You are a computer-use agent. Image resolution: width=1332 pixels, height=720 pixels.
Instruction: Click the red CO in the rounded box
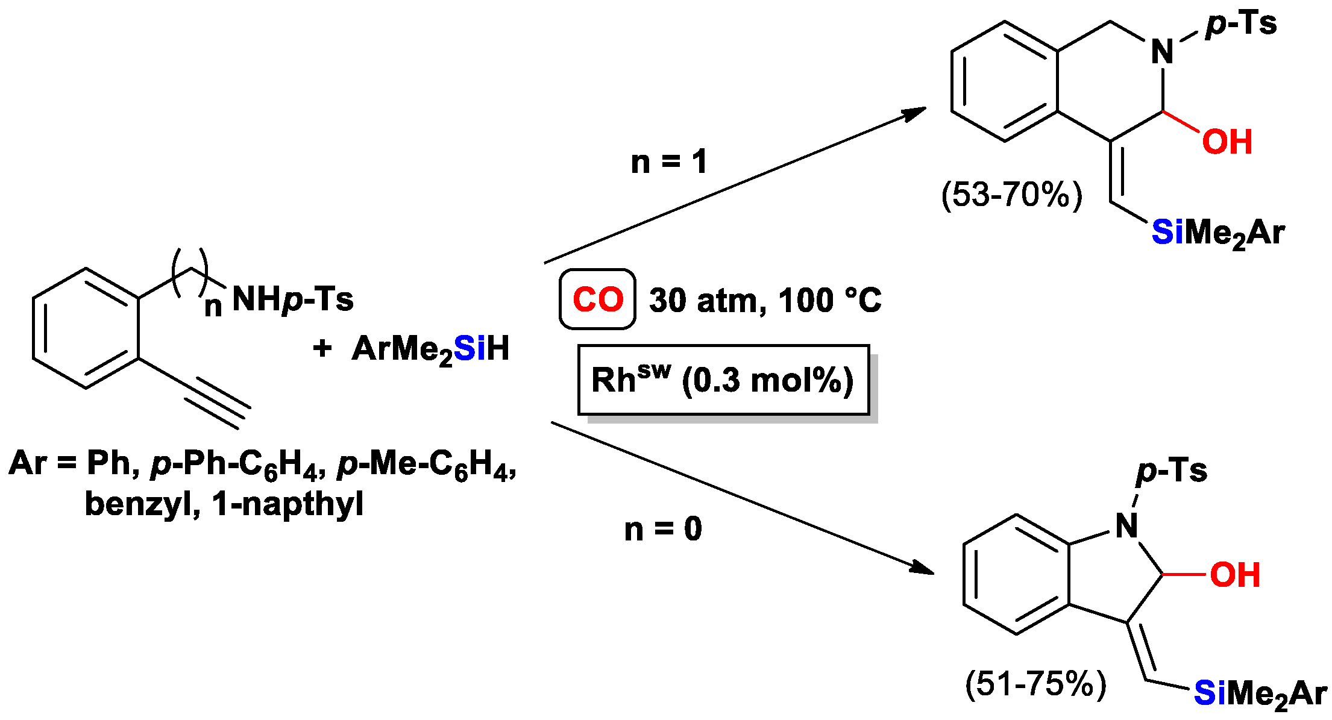coord(597,299)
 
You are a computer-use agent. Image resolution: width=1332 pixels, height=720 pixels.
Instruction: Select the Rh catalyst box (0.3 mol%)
coord(723,380)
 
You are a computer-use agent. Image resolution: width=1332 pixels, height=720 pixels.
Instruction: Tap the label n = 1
coord(669,162)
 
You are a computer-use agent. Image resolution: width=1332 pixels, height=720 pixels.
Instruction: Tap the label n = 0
coord(663,529)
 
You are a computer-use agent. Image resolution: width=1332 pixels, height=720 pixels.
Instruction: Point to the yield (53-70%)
coord(1011,195)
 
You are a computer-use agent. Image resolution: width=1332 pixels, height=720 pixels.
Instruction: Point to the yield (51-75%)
coord(1035,684)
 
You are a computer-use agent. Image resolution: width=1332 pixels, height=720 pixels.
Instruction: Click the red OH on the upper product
coord(1227,142)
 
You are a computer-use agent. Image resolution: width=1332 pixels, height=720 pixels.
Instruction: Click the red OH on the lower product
coord(1235,575)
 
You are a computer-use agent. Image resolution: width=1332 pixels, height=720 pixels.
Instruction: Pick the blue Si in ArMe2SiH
coord(470,348)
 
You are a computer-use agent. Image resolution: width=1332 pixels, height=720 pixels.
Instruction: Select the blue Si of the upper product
coord(1167,232)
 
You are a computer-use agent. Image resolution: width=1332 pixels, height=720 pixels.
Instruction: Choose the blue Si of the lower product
coord(1210,693)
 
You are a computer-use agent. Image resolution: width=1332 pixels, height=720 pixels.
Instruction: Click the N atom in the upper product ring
coord(1162,52)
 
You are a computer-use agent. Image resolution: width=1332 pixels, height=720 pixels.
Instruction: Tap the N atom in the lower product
coord(1126,526)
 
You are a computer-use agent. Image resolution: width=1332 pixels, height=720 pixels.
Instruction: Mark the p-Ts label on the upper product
coord(1241,24)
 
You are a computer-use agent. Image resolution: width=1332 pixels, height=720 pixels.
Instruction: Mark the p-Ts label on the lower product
coord(1172,471)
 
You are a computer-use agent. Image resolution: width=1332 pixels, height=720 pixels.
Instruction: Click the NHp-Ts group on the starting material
coord(292,299)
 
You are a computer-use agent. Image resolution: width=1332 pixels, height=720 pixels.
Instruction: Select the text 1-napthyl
coord(287,504)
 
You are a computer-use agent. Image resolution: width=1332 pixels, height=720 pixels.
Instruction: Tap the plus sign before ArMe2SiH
coord(322,348)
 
